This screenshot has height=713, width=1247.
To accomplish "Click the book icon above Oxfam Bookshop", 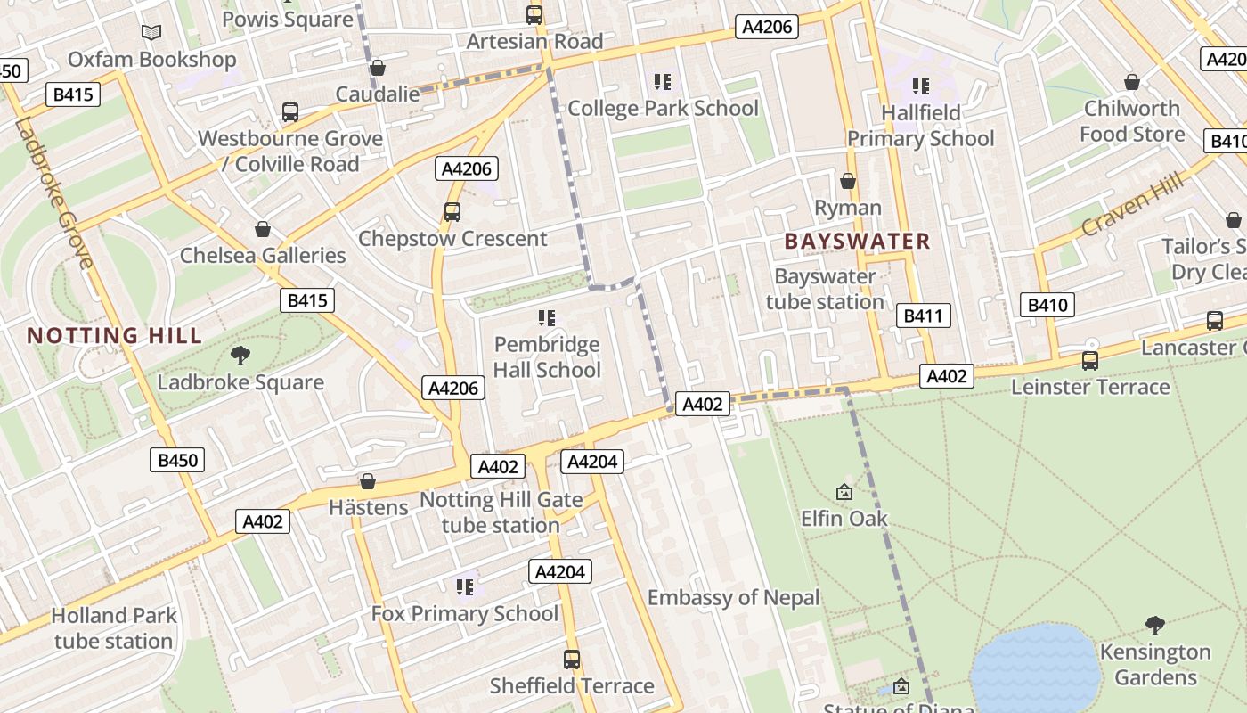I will coord(151,33).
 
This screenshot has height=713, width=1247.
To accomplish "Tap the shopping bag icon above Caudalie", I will coord(378,68).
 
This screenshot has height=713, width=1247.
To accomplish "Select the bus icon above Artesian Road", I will coord(534,14).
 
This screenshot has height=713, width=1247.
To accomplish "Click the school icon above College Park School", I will coord(662,82).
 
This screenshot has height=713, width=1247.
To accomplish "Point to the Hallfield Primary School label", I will coord(920,126).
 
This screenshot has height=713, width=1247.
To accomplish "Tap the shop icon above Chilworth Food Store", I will coord(1132,82).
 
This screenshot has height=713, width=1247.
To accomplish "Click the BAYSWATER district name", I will coord(858,241).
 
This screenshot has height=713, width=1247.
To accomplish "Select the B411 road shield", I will coord(925,316).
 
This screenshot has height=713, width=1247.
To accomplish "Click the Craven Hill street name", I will coord(1133,204).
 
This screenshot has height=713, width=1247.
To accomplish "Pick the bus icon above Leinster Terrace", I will coord(1090,361).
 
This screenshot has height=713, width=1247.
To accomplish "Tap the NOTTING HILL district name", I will coord(115,336).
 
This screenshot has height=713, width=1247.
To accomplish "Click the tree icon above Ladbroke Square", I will coord(240,356).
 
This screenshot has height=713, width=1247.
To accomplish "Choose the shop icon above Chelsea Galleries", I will coord(263,229).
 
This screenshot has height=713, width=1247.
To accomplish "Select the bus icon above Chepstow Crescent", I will coord(452,212).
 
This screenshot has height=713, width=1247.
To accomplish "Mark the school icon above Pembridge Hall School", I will coord(547,318).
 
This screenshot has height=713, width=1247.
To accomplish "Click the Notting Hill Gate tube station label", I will coord(501,512).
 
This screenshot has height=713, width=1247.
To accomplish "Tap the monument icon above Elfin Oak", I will coord(844,492).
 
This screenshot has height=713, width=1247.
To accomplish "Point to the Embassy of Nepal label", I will coord(733,597).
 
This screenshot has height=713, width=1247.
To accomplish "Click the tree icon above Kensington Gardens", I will coord(1154,626).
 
